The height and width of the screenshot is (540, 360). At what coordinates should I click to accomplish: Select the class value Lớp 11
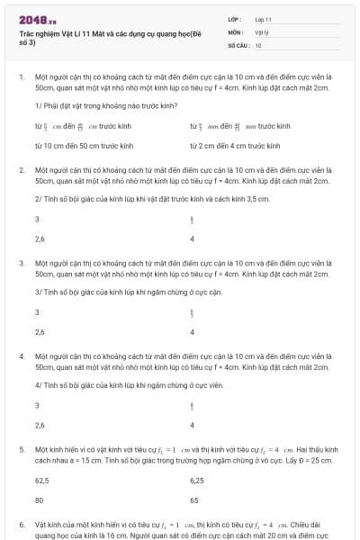tap(264, 18)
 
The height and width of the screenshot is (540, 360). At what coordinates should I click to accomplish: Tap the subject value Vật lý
tap(262, 31)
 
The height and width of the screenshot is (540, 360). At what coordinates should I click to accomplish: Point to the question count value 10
tap(258, 44)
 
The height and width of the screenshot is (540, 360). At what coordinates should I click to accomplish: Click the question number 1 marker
tap(21, 76)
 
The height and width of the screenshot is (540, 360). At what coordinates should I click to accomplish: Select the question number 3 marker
tap(21, 263)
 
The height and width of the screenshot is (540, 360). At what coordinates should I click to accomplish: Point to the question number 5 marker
tap(21, 448)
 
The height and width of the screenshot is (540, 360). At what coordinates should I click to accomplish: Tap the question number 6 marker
tap(21, 523)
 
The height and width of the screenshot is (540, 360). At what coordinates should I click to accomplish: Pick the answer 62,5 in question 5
tap(41, 481)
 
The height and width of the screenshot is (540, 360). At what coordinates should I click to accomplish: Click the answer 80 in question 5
tap(39, 499)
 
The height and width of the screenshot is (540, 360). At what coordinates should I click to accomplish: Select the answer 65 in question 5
tap(193, 499)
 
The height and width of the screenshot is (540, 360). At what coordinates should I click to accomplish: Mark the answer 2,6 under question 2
tap(40, 238)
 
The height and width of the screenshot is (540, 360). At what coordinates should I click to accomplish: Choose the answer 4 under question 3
tap(192, 332)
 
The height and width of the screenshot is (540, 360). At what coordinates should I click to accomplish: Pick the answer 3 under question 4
tap(37, 406)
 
